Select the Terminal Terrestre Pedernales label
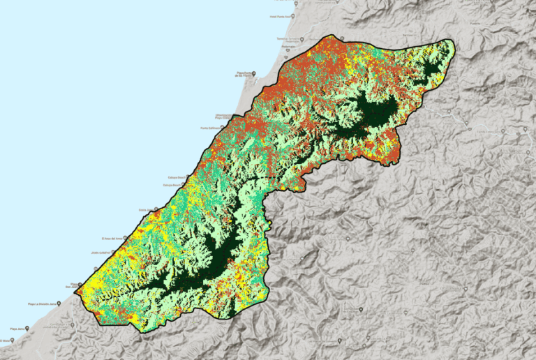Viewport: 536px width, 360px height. coord(288,39)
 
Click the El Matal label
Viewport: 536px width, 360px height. coord(6,341)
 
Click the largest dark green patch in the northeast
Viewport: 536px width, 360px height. coord(373,112)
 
